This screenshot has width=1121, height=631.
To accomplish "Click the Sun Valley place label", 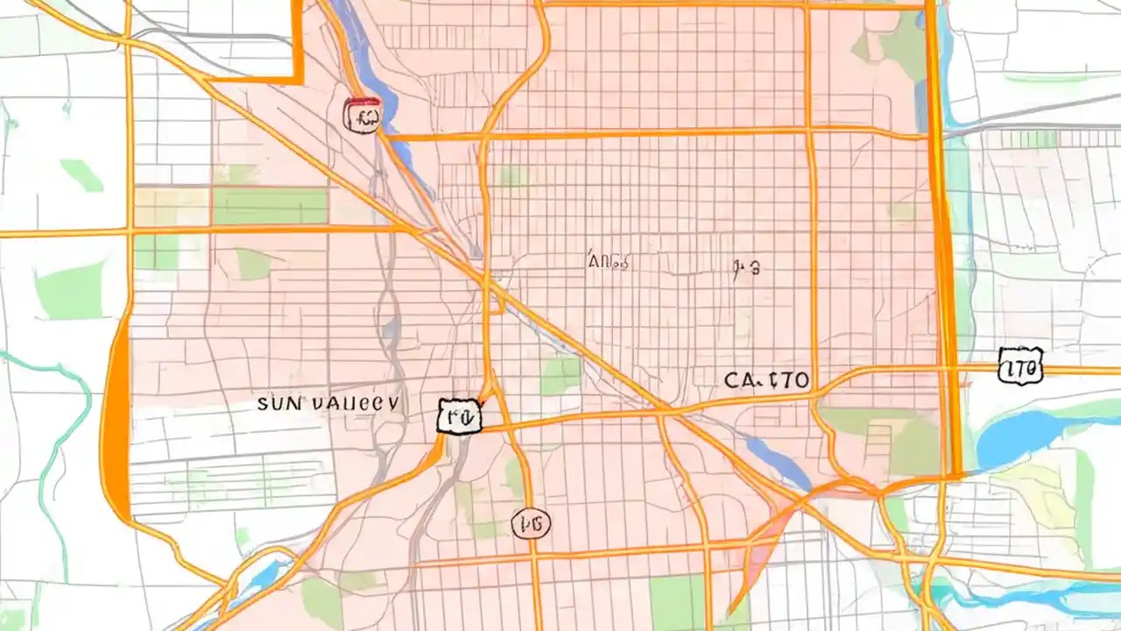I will click(328, 403).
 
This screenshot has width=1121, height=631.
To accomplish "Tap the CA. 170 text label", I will click(766, 380).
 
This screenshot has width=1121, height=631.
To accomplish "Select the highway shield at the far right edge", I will click(1021, 365).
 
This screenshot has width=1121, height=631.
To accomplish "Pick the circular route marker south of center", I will click(532, 524).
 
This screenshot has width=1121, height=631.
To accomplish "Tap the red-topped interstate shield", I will click(363, 115).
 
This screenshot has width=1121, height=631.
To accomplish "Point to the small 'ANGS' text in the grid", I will click(609, 260).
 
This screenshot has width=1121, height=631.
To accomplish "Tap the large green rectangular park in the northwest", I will click(270, 206).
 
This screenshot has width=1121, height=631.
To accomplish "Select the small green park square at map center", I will click(560, 375).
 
